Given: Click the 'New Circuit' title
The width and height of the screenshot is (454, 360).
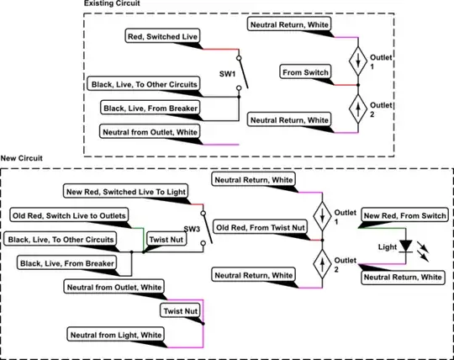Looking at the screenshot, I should coord(24,158).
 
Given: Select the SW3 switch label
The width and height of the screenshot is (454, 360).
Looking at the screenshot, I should coord(193,228).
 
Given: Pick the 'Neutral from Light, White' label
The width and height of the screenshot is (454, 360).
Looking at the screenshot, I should coord(115,335).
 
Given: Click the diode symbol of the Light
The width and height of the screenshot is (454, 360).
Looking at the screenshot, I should coord(407,246).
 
